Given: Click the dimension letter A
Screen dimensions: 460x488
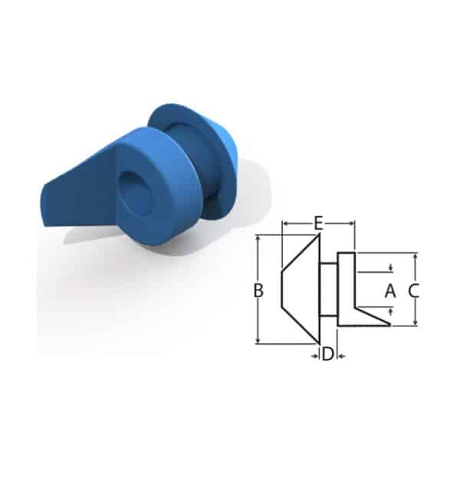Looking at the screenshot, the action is tap(390, 291).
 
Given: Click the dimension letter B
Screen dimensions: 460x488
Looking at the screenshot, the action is tap(258, 290).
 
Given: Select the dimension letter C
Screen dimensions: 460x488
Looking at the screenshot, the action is tap(413, 291).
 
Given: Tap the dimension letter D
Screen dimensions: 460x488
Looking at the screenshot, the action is tap(327, 354).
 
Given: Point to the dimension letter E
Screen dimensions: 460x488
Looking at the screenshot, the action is tap(318, 223).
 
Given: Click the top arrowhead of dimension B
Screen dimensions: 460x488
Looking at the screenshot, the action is tap(258, 238).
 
